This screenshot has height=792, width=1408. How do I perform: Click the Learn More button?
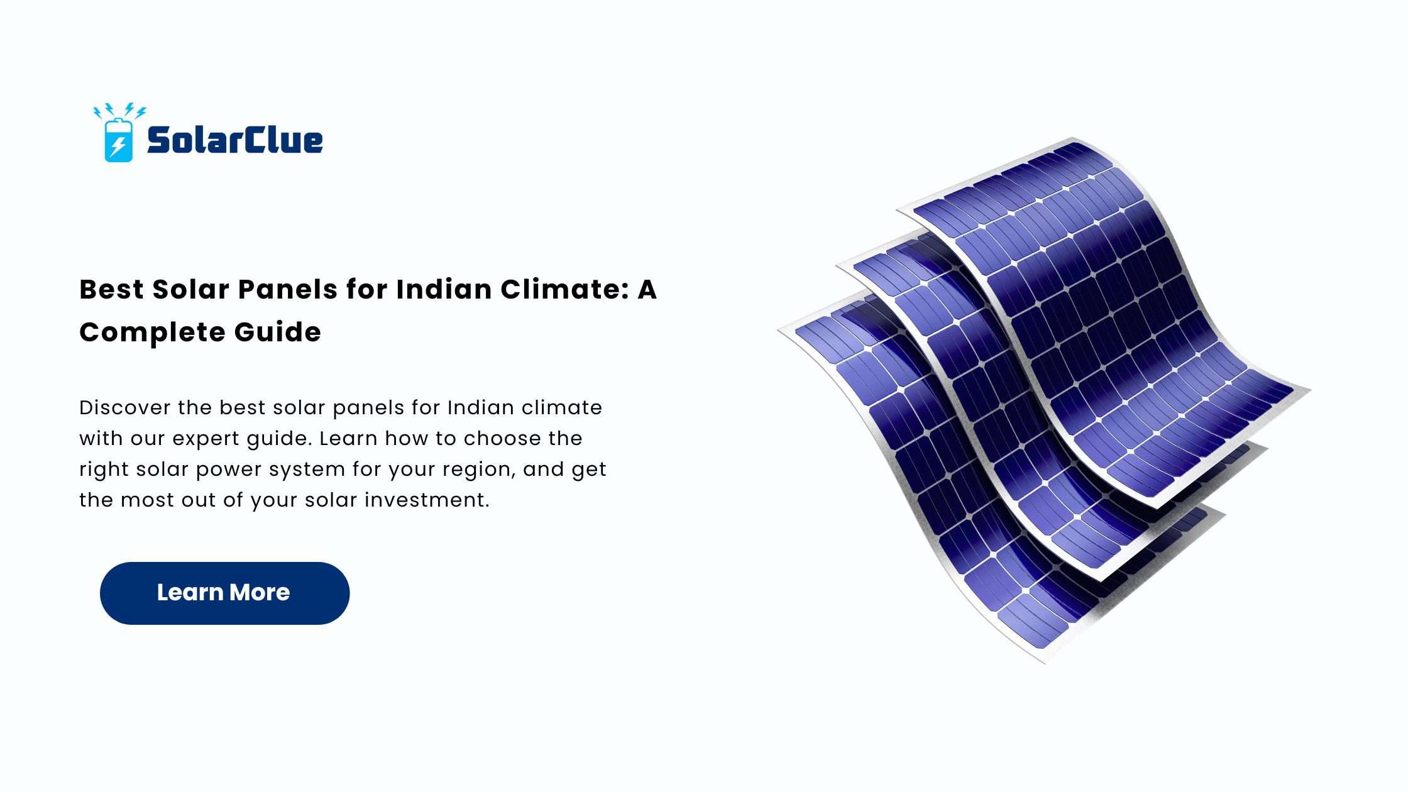click(x=224, y=593)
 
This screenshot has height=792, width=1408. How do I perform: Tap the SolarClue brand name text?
click(x=234, y=140)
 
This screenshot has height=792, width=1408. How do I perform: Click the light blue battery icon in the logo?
click(x=118, y=140)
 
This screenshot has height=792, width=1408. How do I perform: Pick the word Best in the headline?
click(x=111, y=289)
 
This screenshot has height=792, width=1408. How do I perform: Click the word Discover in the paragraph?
click(x=125, y=407)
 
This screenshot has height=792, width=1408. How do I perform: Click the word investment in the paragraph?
click(x=427, y=500)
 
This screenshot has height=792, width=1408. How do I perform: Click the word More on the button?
click(x=260, y=592)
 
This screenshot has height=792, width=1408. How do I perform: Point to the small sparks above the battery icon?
click(x=119, y=111)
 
